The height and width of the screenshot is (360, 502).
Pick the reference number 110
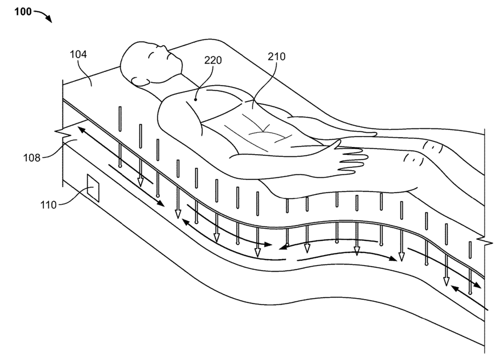48,205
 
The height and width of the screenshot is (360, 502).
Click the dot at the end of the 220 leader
196,100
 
